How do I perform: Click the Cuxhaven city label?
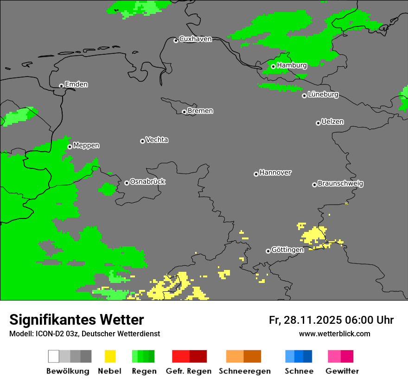click(x=195, y=39)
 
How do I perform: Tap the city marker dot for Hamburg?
click(x=273, y=66)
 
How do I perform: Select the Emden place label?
click(x=76, y=84)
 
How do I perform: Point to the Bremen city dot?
click(x=184, y=112)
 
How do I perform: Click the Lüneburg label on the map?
click(x=323, y=95)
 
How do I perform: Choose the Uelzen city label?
click(x=332, y=122)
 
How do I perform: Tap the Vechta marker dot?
click(x=142, y=141)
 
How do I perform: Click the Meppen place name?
click(x=86, y=146)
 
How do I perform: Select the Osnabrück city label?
click(x=147, y=182)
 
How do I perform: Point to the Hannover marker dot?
click(x=256, y=174)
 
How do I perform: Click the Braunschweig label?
click(x=340, y=184)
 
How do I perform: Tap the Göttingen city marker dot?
click(x=268, y=251)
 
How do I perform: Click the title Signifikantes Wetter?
click(x=76, y=320)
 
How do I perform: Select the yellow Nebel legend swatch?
click(x=110, y=356)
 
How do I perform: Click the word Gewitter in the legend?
click(x=342, y=371)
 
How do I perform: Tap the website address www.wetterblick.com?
click(x=334, y=334)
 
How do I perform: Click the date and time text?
click(x=331, y=320)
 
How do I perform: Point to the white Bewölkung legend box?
click(x=53, y=356)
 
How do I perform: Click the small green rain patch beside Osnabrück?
click(x=108, y=189)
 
